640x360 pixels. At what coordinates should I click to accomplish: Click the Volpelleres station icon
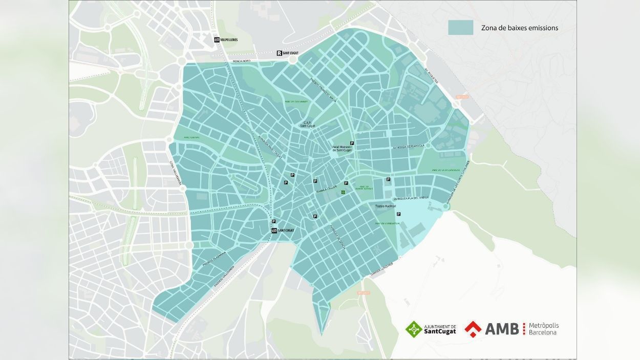tap(217, 39)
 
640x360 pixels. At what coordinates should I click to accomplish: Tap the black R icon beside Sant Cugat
tap(279, 53)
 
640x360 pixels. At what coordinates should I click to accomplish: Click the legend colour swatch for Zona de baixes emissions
tap(460, 28)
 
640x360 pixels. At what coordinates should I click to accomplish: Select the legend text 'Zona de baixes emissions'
tap(519, 28)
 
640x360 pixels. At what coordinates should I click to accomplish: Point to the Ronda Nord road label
tap(241, 61)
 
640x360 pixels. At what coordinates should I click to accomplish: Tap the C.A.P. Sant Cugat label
tap(307, 124)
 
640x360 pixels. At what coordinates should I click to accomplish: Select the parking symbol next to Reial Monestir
tap(351, 143)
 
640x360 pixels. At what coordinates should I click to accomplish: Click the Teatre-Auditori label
tap(386, 206)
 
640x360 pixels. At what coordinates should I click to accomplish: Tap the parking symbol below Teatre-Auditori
tap(398, 214)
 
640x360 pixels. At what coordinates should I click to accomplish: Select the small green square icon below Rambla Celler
tap(343, 192)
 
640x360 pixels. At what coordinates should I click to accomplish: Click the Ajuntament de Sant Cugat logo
tap(431, 329)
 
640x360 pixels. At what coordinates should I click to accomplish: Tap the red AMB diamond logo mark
tap(473, 329)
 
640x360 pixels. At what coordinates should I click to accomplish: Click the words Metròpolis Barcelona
tap(543, 329)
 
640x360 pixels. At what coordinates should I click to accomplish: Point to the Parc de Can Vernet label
tap(295, 102)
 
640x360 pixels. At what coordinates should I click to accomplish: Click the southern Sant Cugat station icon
tap(274, 230)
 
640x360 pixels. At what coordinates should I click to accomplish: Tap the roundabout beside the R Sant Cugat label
tap(292, 60)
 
